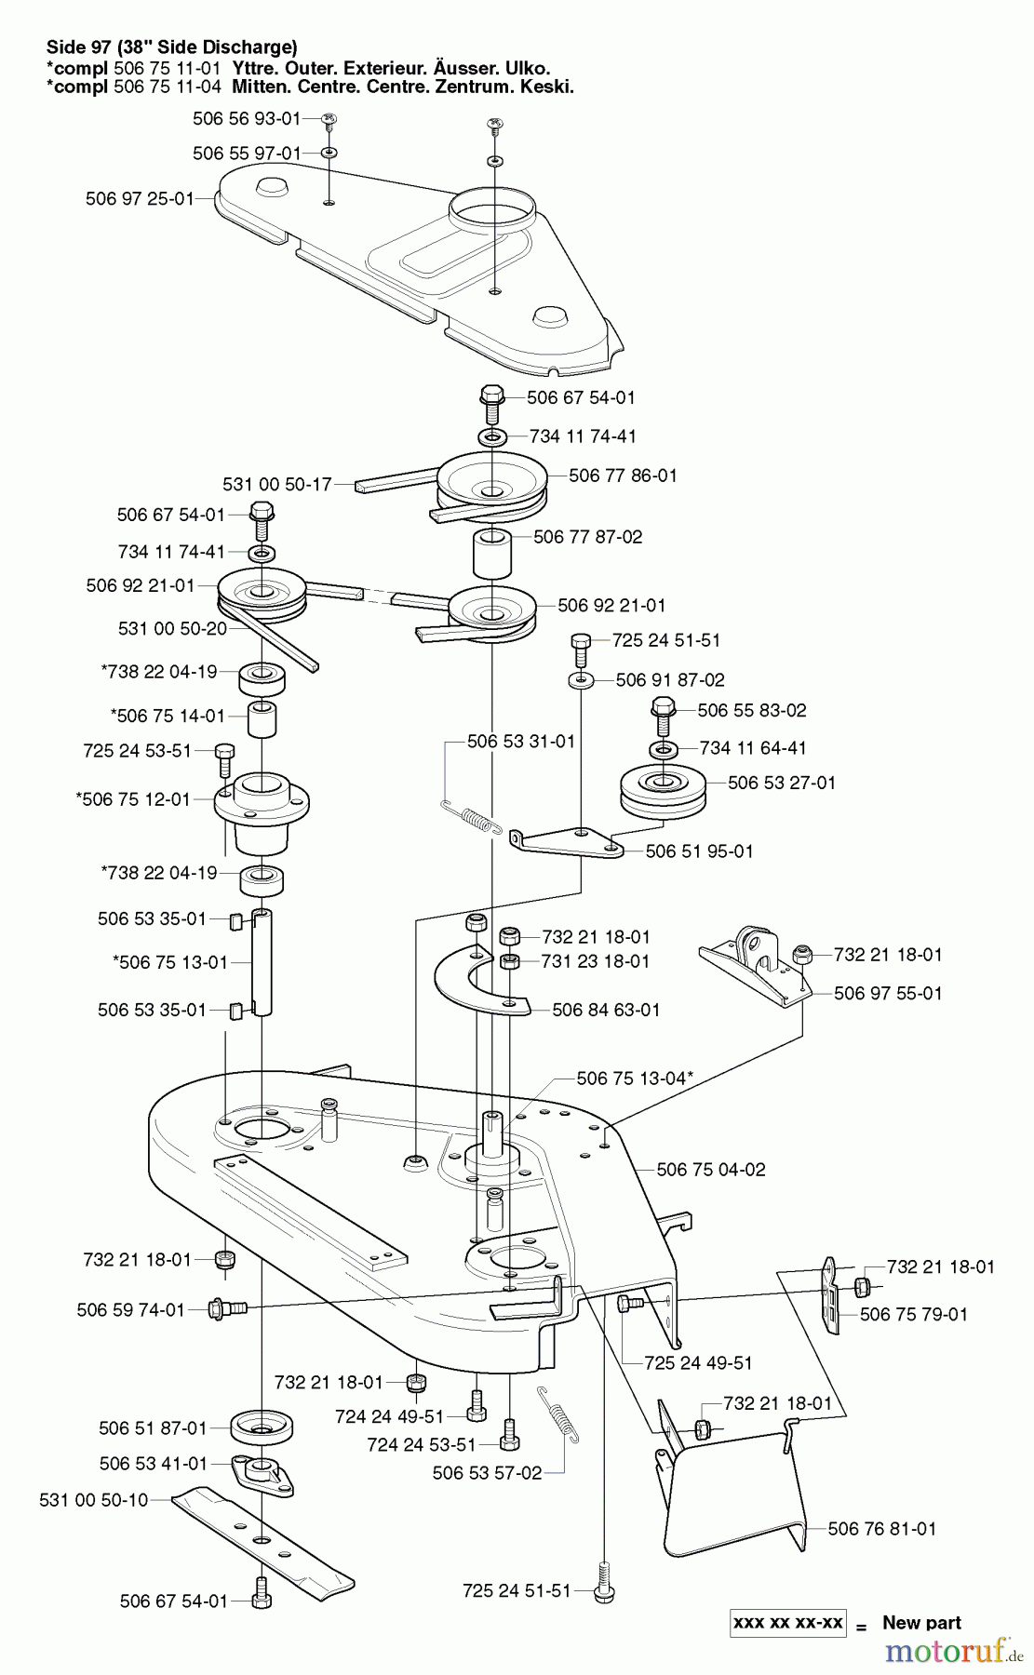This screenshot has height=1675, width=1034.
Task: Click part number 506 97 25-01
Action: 140,198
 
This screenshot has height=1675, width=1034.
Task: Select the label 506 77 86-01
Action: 623,476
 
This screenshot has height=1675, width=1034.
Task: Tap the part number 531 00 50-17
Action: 277,485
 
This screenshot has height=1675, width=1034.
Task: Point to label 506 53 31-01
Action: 521,742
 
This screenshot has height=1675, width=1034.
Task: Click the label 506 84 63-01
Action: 606,1010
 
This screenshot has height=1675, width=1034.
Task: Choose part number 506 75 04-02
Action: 711,1170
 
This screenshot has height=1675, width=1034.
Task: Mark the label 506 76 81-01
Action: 882,1529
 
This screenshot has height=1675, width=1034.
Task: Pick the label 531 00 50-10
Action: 94,1500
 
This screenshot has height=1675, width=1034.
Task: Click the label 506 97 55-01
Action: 888,994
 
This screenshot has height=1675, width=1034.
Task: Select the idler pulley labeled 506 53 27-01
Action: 663,791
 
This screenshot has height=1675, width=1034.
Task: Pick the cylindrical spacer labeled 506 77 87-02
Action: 493,556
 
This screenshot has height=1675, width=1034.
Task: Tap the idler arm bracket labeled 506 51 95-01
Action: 567,842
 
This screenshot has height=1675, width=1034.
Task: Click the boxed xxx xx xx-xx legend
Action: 788,1623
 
